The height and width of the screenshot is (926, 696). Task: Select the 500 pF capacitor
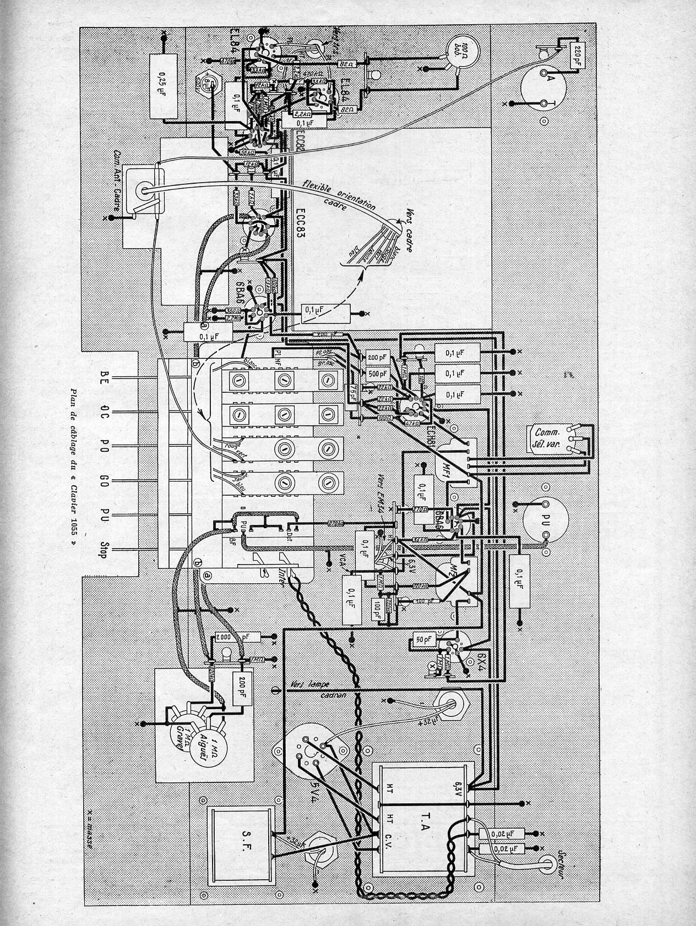377,373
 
